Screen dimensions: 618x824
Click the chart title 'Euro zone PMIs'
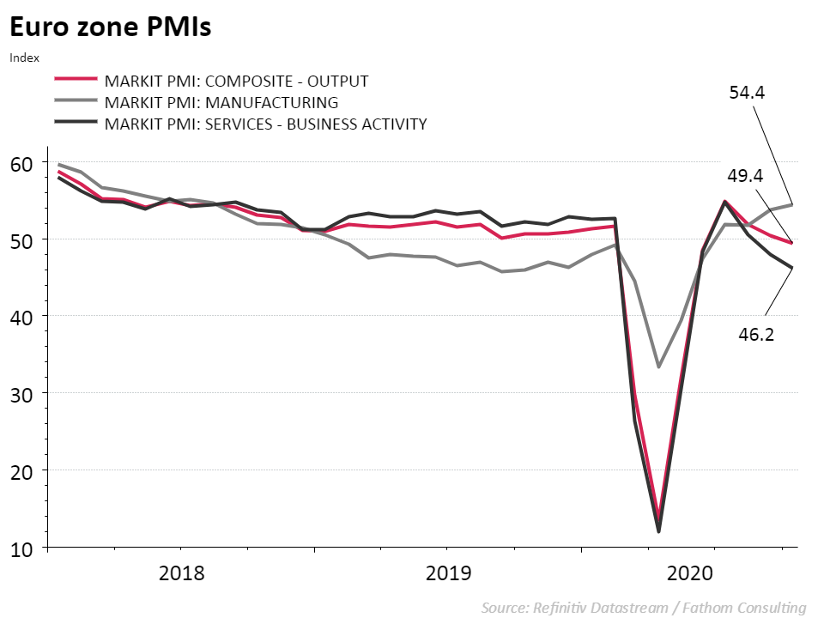[x=110, y=27]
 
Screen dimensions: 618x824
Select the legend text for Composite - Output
[x=236, y=82]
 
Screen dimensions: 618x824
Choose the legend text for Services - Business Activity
[x=265, y=124]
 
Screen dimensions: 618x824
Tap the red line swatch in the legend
[x=75, y=82]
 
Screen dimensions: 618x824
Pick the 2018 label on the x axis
[x=182, y=573]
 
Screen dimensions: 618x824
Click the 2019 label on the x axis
[x=449, y=573]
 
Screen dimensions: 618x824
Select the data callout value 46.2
[x=756, y=335]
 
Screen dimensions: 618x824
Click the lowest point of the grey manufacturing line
[x=658, y=367]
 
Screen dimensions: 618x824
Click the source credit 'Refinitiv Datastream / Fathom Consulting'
[x=644, y=608]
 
